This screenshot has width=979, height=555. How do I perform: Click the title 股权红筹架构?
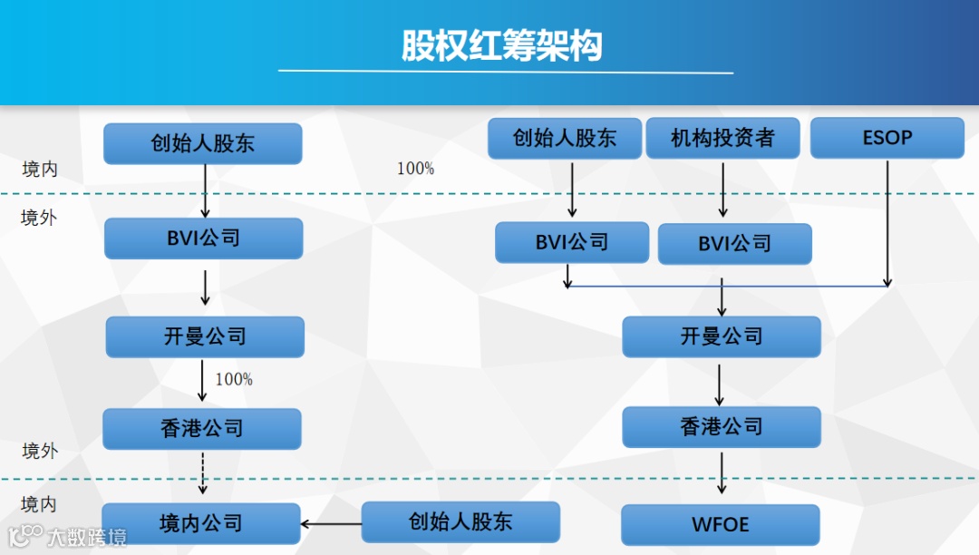502,45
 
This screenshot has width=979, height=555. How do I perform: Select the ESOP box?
887,139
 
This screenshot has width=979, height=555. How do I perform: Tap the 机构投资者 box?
722,139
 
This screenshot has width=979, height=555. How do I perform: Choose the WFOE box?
721,524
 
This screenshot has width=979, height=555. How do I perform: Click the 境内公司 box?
201,523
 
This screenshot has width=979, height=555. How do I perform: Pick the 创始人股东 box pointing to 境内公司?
460,521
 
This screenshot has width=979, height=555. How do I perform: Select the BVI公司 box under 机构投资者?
734,244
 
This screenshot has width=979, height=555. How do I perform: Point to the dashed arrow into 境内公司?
204,472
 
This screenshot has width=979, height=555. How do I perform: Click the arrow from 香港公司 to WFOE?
722,472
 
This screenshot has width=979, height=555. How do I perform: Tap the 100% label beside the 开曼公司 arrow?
234,380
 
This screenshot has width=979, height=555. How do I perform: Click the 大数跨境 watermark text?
87,537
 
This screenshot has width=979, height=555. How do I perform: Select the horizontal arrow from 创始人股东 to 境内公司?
332,523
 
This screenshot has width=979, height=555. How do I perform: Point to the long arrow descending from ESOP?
887,222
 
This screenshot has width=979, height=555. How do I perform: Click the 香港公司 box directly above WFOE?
722,426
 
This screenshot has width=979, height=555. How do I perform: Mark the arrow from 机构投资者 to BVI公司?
722,190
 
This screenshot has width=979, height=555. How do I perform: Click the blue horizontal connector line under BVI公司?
725,287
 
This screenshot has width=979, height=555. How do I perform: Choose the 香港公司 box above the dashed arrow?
201,429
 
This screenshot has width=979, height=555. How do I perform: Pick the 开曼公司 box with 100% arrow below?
205,336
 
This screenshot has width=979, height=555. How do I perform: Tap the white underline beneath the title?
505,72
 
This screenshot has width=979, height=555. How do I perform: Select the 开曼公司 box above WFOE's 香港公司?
722,336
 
